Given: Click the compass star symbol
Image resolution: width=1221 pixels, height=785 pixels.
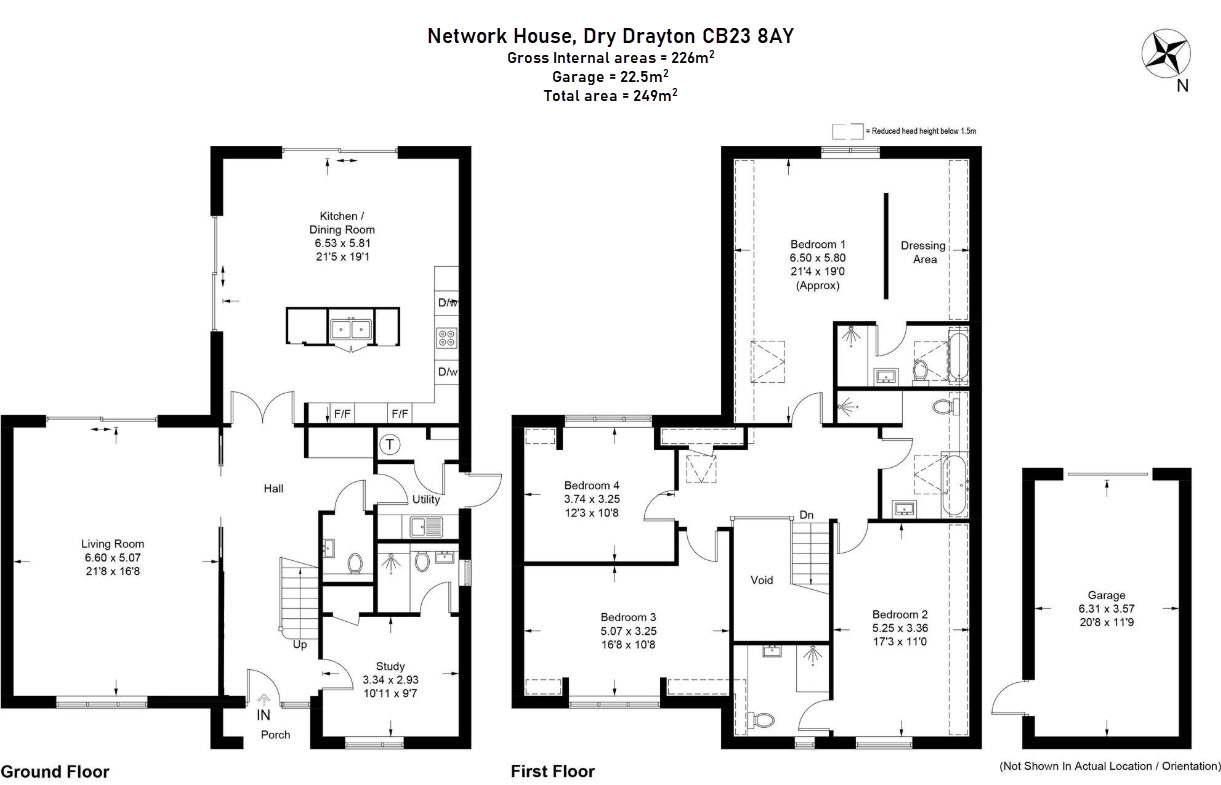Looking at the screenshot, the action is point(1166,53).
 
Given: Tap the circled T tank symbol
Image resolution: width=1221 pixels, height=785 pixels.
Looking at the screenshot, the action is point(390,444).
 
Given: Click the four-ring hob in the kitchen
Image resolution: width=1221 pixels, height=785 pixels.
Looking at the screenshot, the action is point(446,337).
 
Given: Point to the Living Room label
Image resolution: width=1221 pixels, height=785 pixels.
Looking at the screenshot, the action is point(113,544).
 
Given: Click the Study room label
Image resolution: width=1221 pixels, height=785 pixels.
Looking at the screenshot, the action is point(390,666).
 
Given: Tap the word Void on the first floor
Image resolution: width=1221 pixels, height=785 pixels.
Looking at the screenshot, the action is point(761,580).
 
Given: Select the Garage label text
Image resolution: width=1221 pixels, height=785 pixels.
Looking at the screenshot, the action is point(1107,595).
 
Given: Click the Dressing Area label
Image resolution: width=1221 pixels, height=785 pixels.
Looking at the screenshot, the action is point(923,252).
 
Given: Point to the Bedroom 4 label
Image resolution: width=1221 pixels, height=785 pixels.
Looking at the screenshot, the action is point(591,485).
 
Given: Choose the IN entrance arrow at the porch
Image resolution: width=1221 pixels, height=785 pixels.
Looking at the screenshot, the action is point(264,699).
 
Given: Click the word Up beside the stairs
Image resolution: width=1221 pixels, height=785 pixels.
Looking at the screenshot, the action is point(300,644).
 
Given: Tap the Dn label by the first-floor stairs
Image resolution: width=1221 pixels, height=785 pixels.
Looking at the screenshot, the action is point(806,515).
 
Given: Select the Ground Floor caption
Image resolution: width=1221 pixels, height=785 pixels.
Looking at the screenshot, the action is point(55,772).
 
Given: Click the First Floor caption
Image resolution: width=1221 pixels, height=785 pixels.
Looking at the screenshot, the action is point(553,771).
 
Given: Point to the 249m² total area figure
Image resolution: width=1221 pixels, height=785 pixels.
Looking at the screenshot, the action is point(655,95).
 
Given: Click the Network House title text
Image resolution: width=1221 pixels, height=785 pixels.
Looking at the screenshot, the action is point(500,36).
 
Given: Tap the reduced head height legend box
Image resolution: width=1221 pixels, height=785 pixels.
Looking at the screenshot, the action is point(848,131).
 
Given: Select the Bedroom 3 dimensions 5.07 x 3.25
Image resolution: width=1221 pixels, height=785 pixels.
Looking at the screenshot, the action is point(628,631).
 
